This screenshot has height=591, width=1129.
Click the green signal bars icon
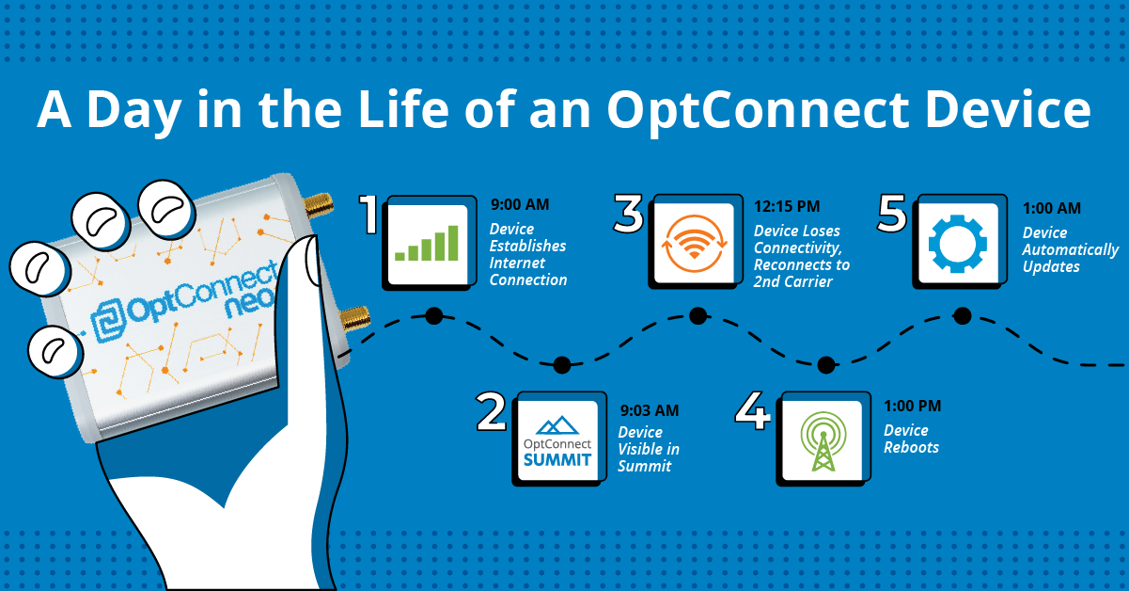[427, 242]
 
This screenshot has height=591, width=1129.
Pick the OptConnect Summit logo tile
[558, 439]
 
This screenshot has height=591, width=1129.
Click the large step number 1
[370, 215]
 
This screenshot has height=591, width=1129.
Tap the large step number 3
[628, 215]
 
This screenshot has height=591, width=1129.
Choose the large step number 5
[891, 215]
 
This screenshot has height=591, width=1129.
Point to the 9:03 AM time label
[648, 409]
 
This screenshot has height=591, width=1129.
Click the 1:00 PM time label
[912, 407]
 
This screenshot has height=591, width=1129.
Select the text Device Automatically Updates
[1070, 249]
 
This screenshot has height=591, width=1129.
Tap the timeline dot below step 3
[698, 315]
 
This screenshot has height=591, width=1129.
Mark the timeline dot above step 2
[562, 364]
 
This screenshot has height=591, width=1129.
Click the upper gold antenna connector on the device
[317, 204]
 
